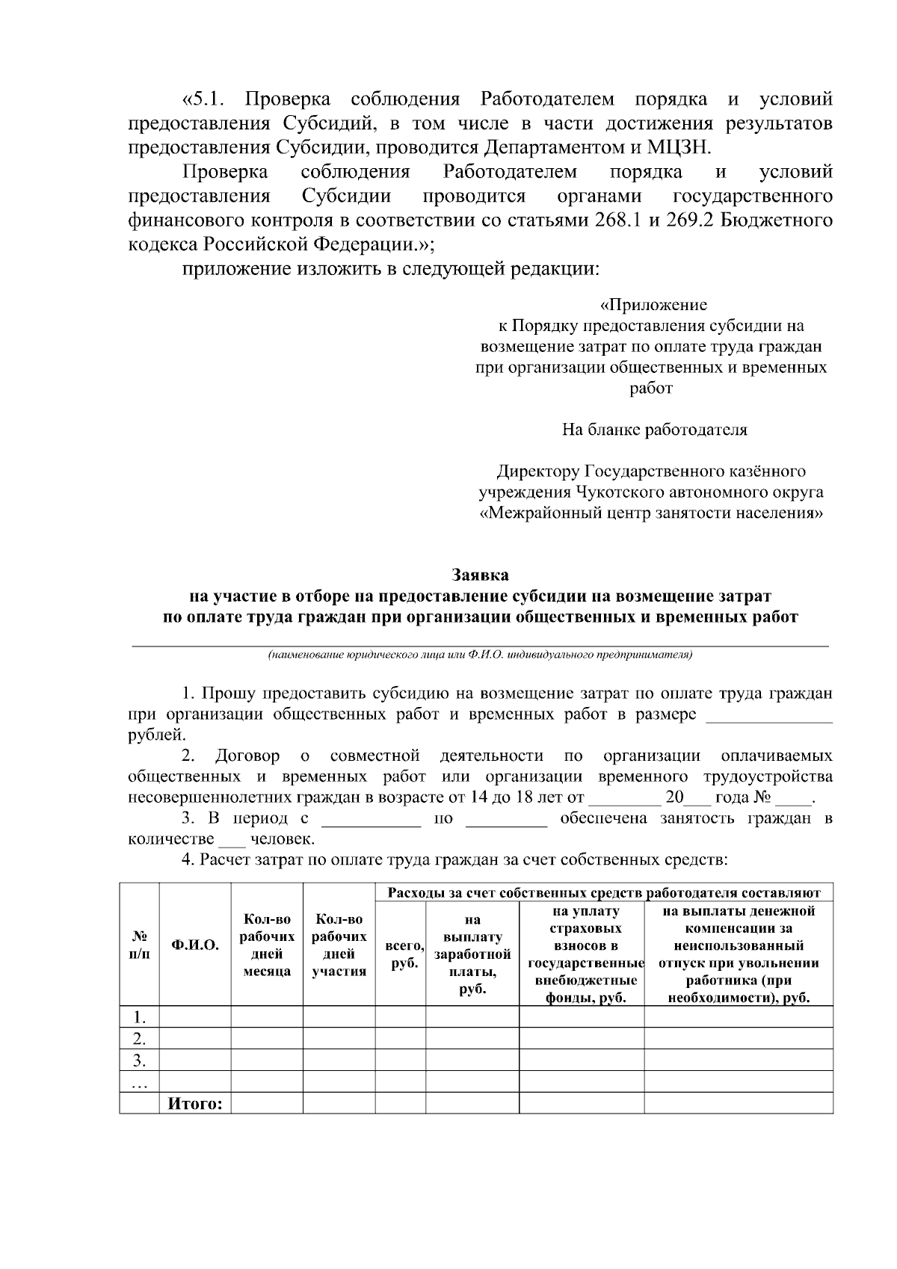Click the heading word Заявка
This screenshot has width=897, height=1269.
(x=480, y=575)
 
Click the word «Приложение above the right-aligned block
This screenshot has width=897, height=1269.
(x=653, y=305)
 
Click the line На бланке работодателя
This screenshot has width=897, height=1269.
(x=654, y=430)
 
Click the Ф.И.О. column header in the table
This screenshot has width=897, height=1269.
(x=195, y=945)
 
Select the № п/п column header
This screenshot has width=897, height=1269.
(x=139, y=945)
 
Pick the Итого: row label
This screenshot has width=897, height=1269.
(x=195, y=1103)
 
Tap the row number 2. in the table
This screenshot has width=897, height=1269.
(x=139, y=1038)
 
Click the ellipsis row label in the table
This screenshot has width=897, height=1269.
(x=139, y=1082)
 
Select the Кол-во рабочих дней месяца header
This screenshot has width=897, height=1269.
(x=267, y=945)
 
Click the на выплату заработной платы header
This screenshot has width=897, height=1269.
(x=472, y=954)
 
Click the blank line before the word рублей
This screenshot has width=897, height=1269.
(x=769, y=716)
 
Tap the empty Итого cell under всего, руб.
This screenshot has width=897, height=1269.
(x=401, y=1103)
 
